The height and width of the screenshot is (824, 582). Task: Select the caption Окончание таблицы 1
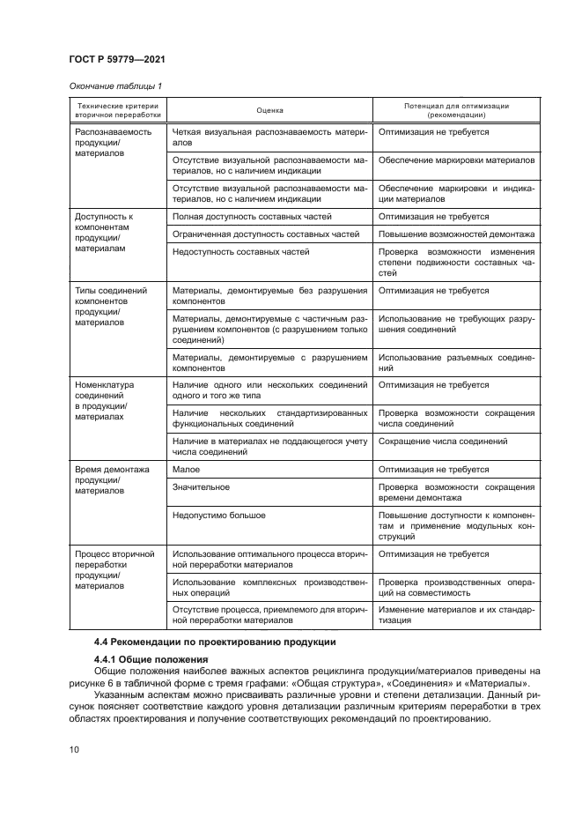(114, 85)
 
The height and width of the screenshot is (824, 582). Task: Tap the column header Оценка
(269, 110)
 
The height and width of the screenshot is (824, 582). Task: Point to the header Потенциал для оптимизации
(456, 106)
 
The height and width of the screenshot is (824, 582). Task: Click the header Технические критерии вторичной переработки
(112, 110)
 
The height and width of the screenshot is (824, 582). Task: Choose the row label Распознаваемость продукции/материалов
(101, 142)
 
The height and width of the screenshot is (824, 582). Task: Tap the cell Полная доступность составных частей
(252, 216)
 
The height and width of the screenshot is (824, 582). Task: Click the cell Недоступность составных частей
(241, 252)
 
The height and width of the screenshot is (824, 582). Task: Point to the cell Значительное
(202, 486)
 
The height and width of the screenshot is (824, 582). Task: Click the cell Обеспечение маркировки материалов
(455, 161)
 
